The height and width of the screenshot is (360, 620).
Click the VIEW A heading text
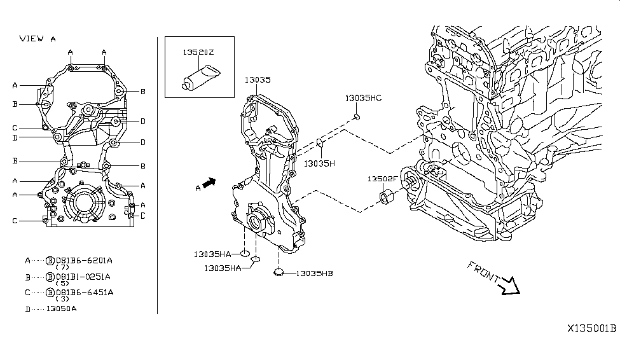pos(38,38)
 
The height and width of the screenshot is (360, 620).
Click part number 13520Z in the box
pos(198,52)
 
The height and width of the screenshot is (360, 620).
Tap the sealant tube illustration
pos(202,78)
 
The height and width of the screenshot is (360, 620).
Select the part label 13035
pos(258,80)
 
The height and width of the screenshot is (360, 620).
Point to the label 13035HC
pos(363,98)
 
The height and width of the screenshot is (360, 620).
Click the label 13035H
pos(319,163)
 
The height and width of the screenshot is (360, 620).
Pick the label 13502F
pos(382,179)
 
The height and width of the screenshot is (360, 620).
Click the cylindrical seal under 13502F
pos(387,197)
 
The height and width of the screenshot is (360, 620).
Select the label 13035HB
pos(314,273)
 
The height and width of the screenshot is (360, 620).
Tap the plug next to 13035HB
pos(279,272)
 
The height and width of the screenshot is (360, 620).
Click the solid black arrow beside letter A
pos(209,183)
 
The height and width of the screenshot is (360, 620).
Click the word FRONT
pos(483,272)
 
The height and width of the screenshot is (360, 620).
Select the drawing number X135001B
pos(592,328)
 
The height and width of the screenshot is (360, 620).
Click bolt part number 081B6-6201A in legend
pos(84,260)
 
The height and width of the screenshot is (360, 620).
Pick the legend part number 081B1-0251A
pos(83,277)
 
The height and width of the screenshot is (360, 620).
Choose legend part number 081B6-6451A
pos(85,293)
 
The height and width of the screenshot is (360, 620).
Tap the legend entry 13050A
pos(61,308)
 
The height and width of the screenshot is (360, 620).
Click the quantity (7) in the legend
pos(62,267)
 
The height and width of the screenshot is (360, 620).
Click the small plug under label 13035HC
pos(357,116)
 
